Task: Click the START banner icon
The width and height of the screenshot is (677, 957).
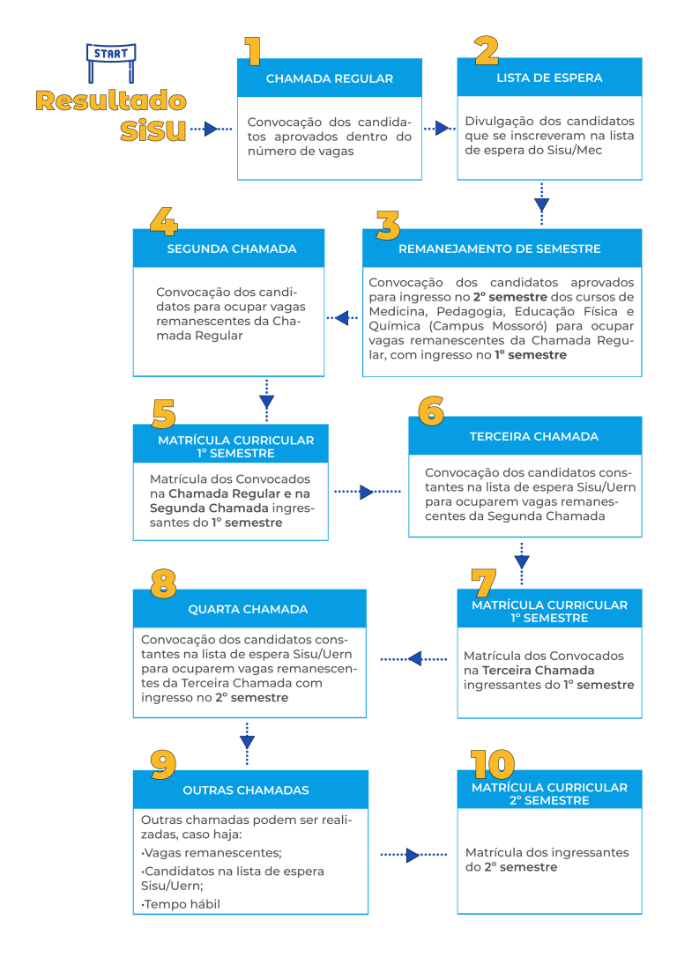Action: click(111, 63)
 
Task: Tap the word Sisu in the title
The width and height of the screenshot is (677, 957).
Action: click(153, 130)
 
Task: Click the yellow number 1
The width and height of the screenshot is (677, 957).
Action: click(253, 51)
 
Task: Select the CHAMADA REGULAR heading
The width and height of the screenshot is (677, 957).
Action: click(330, 78)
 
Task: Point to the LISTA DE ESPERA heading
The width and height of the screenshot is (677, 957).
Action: click(549, 78)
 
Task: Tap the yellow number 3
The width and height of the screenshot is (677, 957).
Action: click(388, 226)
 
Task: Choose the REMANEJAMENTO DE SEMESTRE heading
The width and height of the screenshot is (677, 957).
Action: click(500, 249)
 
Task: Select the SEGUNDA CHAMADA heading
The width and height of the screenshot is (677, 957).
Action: click(232, 249)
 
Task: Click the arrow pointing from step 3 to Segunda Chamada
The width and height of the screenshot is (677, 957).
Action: click(343, 317)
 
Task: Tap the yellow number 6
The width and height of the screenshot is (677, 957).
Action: click(431, 411)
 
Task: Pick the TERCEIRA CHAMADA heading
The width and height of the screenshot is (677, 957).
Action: click(534, 436)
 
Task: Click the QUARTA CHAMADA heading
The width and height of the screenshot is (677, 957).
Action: click(248, 609)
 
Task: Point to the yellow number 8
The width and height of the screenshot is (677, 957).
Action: click(164, 583)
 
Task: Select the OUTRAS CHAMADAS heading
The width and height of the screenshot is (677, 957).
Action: click(246, 790)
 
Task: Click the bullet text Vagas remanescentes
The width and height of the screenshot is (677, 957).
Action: click(212, 853)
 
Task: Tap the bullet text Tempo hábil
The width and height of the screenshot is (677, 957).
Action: click(181, 904)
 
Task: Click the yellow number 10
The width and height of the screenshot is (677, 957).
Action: click(493, 764)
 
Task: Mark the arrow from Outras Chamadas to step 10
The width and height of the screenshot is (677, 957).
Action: click(414, 855)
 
